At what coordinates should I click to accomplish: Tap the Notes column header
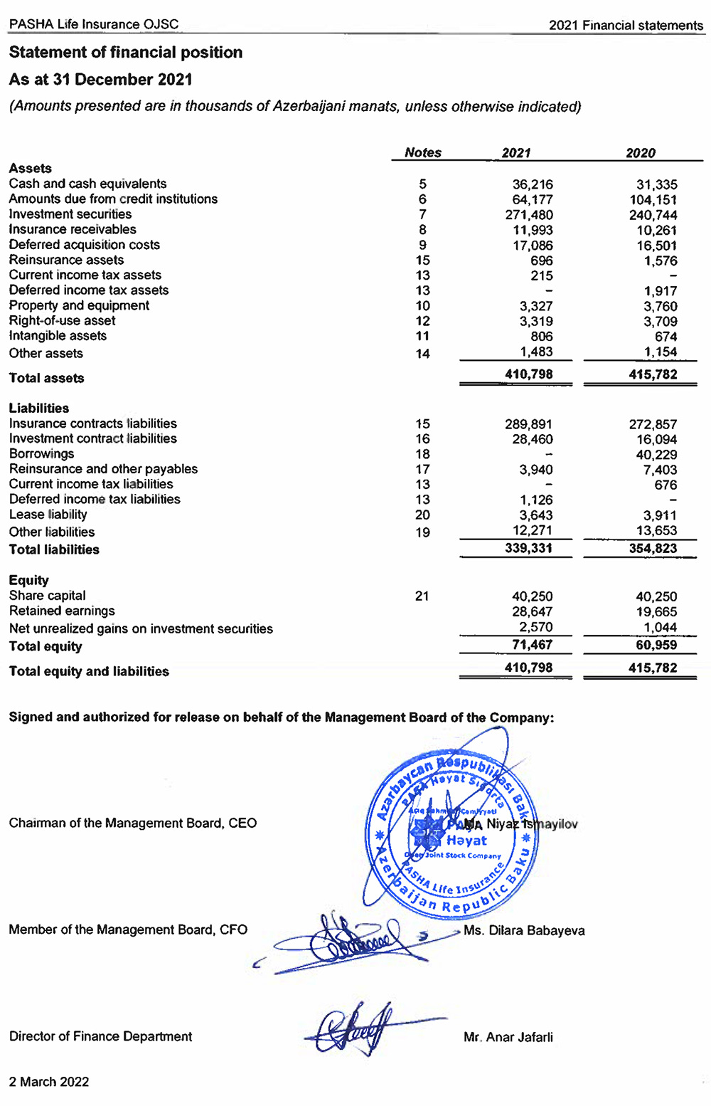point(422,152)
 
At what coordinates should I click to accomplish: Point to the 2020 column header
point(640,153)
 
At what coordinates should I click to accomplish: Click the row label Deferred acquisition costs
point(84,245)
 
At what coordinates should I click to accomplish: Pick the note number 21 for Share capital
point(422,596)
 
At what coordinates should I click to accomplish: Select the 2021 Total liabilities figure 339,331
point(528,549)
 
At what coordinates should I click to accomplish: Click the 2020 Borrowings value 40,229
point(656,455)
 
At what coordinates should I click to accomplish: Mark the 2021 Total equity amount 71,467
point(532,646)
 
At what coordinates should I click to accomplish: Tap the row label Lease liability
point(48,515)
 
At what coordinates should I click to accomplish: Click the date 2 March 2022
point(49,1082)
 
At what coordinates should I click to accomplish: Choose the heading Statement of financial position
point(126,53)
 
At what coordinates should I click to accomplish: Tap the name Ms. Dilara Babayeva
point(524,930)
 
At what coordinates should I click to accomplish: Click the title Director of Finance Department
point(100,1036)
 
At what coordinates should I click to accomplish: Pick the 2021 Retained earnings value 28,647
point(532,611)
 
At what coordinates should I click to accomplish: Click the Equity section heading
point(28,580)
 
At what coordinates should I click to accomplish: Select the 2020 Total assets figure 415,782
point(653,374)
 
